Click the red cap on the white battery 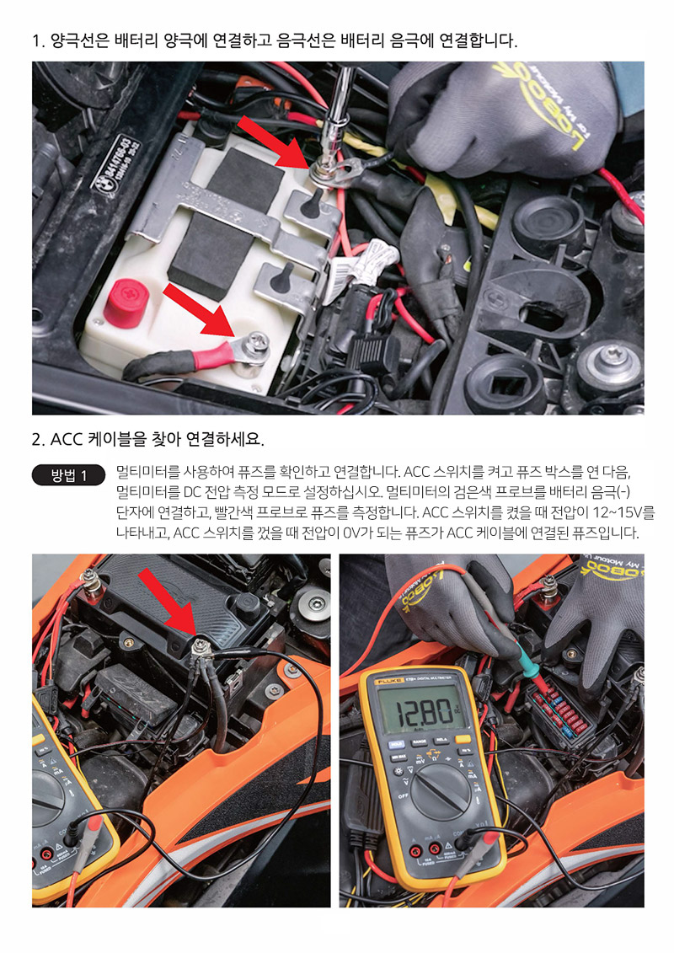pyautogui.click(x=126, y=302)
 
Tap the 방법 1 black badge pyautogui.click(x=69, y=474)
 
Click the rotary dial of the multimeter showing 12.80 pyautogui.click(x=441, y=790)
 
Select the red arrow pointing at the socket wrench pyautogui.click(x=272, y=142)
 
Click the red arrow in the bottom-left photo pyautogui.click(x=167, y=602)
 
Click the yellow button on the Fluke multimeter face pyautogui.click(x=463, y=740)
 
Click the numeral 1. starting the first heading pyautogui.click(x=38, y=41)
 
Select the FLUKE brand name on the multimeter pyautogui.click(x=388, y=682)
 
